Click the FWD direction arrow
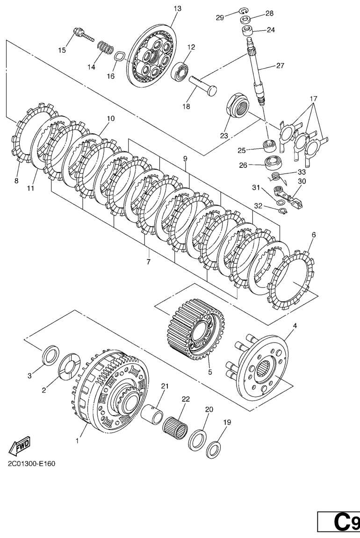pyautogui.click(x=20, y=446)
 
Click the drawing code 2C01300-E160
pyautogui.click(x=32, y=464)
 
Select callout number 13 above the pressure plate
pyautogui.click(x=177, y=8)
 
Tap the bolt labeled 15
pyautogui.click(x=83, y=36)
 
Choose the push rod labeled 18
pyautogui.click(x=203, y=85)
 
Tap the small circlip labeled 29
pyautogui.click(x=245, y=11)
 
